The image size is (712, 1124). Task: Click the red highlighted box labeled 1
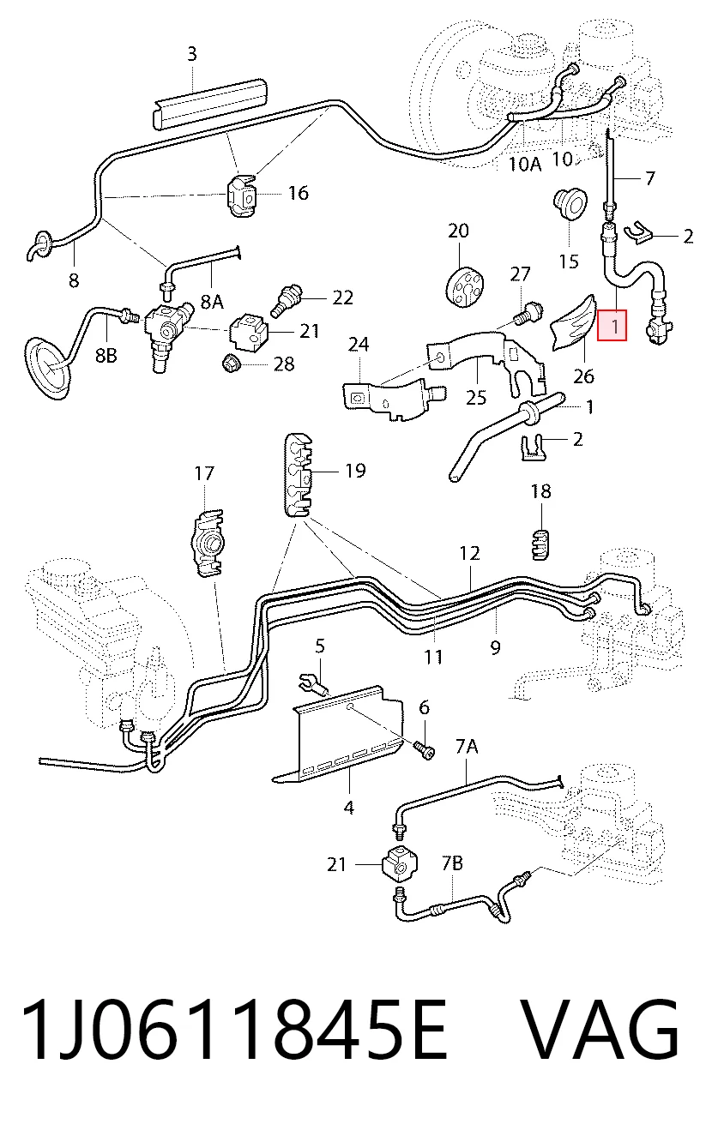pos(612,325)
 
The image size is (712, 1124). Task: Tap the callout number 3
pos(192,54)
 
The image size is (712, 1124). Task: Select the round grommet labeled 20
pos(464,286)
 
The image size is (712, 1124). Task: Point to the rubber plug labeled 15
pos(570,204)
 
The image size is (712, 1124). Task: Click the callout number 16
pos(299,193)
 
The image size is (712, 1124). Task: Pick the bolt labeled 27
pos(528,314)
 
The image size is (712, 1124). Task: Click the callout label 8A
pos(211,301)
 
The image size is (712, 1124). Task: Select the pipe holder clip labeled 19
pos(299,474)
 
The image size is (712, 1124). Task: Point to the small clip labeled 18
pos(540,544)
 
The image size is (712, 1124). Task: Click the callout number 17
pos(204,473)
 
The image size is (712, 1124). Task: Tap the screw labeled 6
pos(425,751)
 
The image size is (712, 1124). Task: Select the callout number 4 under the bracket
pos(348,808)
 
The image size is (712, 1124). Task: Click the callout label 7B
pos(452,863)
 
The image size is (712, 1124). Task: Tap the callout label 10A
pos(524,164)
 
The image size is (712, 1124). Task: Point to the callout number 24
pos(359,344)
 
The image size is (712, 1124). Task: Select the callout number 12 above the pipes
pos(469,554)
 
